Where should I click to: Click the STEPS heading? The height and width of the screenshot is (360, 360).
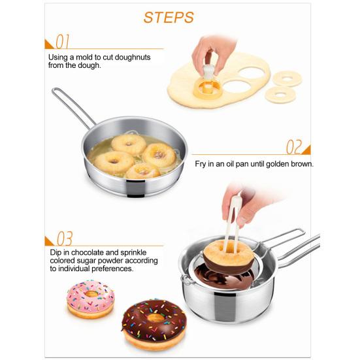point(169,18)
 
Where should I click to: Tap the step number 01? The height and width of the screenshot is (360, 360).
point(62,42)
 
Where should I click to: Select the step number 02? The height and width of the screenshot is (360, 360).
point(294,147)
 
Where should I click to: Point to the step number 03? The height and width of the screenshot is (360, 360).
point(65,238)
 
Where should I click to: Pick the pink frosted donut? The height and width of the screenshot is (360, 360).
point(90,299)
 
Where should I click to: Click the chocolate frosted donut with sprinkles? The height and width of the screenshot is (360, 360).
point(154,324)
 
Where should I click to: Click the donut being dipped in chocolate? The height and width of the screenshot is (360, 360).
point(229,257)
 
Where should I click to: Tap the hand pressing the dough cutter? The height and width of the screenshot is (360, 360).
point(214,55)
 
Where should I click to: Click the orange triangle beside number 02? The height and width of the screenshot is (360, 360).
point(307,151)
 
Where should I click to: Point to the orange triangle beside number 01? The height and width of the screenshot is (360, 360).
point(48,45)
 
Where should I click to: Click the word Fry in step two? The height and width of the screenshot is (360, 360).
point(201,165)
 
